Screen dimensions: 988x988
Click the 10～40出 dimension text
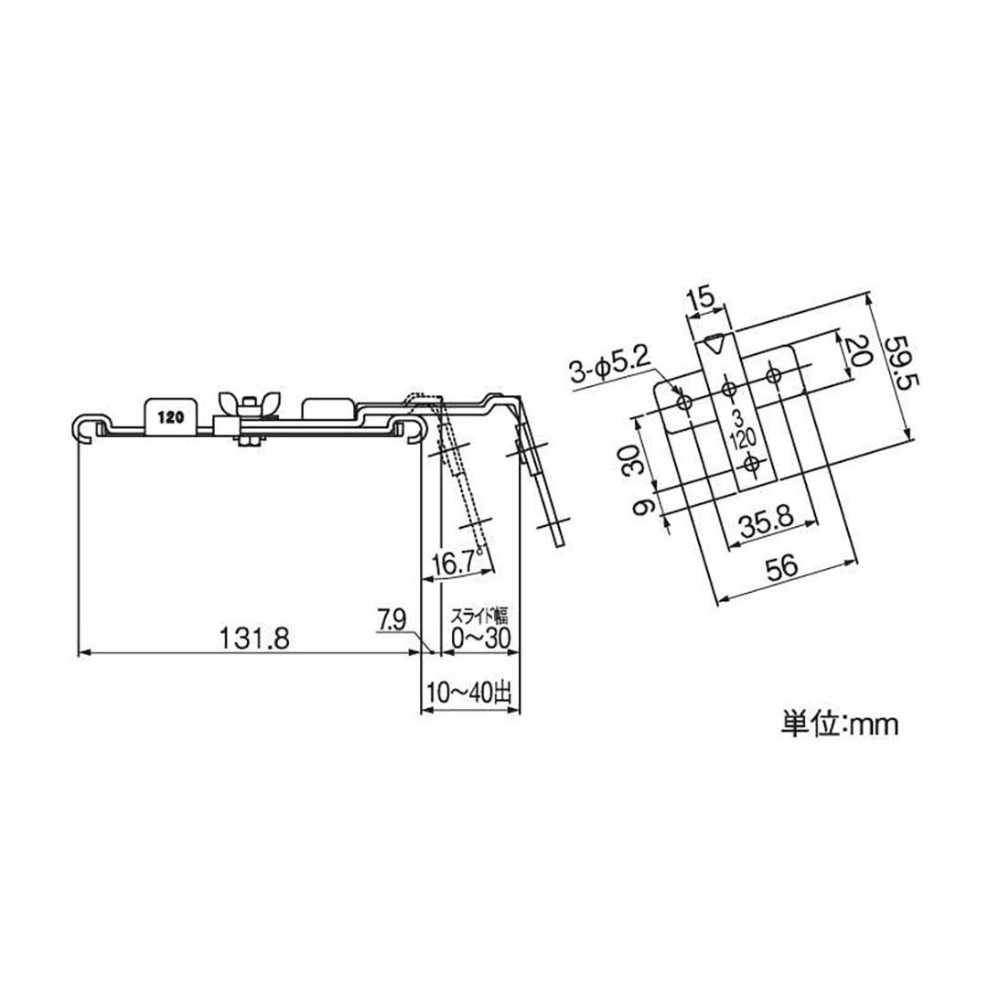[469, 693]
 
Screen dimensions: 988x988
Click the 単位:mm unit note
[840, 725]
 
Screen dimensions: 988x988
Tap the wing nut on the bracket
[235, 404]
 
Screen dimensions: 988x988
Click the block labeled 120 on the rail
[168, 415]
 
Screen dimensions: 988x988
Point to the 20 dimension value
[855, 350]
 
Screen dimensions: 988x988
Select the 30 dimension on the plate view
[630, 462]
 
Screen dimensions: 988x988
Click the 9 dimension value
[644, 506]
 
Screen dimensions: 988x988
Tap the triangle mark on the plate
[716, 346]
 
